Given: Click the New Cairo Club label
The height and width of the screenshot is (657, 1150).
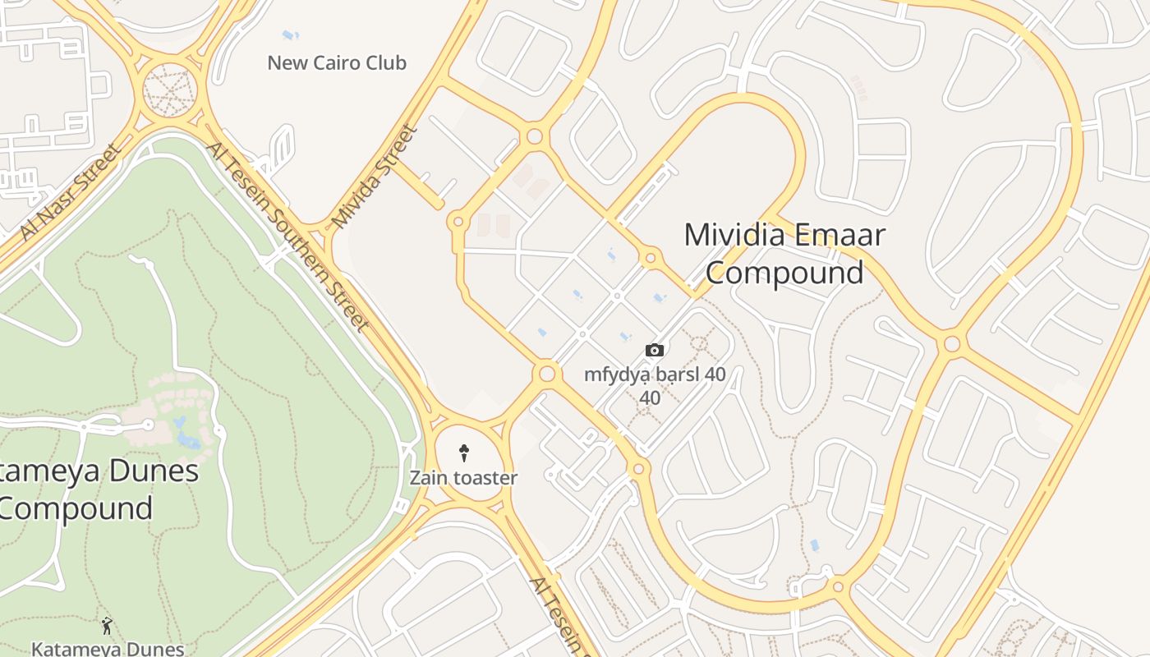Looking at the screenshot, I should pos(337,62).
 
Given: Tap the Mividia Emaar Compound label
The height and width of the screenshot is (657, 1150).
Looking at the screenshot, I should pos(784,253).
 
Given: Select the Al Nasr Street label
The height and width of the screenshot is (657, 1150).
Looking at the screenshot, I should pos(71,193).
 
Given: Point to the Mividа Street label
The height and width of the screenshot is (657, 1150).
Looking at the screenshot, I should pos(375,176).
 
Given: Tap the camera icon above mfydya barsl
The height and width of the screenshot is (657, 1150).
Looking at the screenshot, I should pos(654,351).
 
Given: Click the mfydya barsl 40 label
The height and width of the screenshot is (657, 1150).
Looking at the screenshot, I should pos(655,375).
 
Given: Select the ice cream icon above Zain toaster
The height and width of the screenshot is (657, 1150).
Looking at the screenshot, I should pos(463,452).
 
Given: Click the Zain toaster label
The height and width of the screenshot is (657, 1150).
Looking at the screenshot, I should pos(463,478).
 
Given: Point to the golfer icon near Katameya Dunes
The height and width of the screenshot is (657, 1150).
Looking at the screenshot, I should pos(107,626).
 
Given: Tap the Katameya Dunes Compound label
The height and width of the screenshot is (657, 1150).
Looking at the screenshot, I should pos(90,489).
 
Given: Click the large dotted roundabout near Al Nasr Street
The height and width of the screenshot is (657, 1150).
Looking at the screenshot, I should pos(171,90).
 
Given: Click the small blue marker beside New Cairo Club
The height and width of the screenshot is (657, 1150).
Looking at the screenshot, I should pos(290,35).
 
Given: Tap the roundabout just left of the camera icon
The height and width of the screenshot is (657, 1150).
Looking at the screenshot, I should pos(547,374).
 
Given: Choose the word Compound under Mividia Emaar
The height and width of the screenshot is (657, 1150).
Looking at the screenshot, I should pos(784,273).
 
